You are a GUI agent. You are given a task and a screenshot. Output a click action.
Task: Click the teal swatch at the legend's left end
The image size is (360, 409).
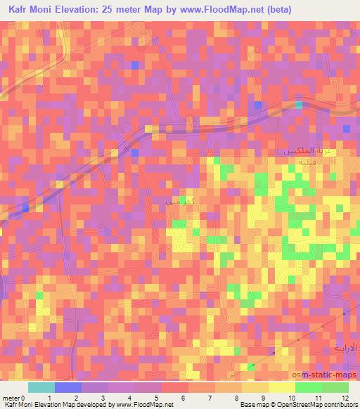click(41, 387)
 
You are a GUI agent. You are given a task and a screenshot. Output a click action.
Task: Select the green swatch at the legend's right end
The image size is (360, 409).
click(335, 387)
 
